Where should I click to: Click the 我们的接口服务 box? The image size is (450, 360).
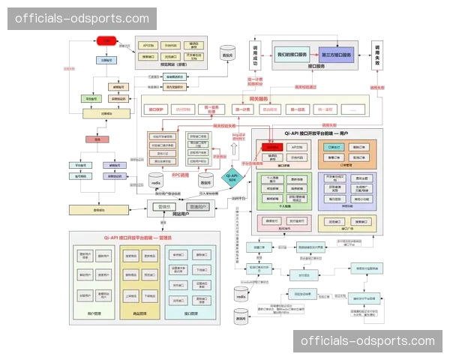292,55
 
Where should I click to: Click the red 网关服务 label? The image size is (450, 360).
259,99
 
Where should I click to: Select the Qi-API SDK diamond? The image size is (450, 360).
232,178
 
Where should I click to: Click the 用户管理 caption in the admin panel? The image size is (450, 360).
94,313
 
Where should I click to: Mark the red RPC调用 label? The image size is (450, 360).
181,175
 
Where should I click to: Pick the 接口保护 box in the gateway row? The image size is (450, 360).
156,109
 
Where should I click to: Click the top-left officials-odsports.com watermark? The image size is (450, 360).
82,18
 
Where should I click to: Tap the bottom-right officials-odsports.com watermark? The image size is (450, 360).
367,341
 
